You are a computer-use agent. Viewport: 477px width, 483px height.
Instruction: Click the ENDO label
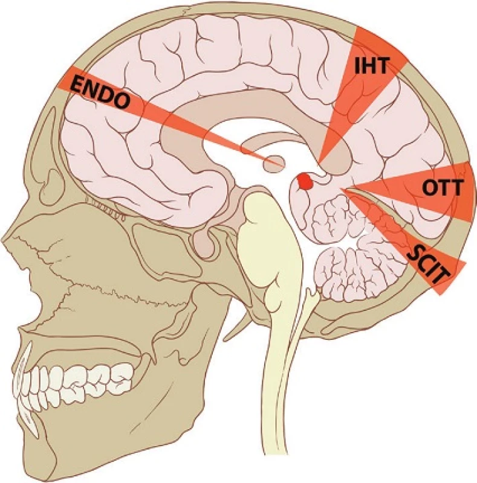pyautogui.click(x=99, y=92)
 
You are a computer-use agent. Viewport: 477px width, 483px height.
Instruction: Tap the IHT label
pyautogui.click(x=371, y=66)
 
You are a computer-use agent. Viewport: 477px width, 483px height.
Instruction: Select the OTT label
pyautogui.click(x=443, y=188)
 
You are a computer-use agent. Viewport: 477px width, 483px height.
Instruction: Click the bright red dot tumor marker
pyautogui.click(x=305, y=181)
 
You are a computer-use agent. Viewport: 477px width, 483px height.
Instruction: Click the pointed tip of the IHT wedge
pyautogui.click(x=320, y=164)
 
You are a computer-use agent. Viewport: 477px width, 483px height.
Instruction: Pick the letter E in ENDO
pyautogui.click(x=77, y=83)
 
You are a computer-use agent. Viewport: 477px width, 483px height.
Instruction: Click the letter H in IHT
pyautogui.click(x=369, y=66)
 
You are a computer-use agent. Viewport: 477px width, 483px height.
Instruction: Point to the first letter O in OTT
pyautogui.click(x=429, y=188)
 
